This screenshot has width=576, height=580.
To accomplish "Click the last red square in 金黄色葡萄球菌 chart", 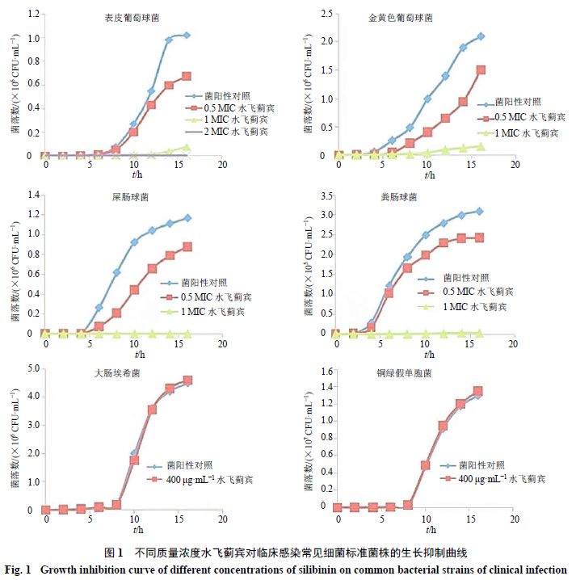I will (481, 70).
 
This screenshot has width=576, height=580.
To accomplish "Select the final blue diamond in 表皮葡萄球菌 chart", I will (187, 36).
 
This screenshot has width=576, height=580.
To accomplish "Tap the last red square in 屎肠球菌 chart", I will (187, 246).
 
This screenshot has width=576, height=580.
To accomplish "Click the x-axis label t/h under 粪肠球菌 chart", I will (425, 355).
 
